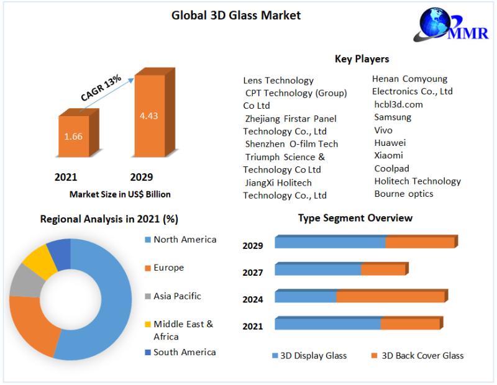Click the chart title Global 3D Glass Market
click(x=235, y=16)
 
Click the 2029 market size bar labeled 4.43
click(x=150, y=115)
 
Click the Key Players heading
click(x=362, y=59)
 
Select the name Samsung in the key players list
click(x=393, y=117)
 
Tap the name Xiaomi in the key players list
click(x=388, y=155)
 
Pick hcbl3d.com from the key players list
click(x=398, y=104)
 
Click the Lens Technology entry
click(x=278, y=80)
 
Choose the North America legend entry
click(x=185, y=240)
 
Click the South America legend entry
click(x=185, y=352)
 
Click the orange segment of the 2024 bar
click(x=390, y=297)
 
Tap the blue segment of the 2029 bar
click(x=329, y=242)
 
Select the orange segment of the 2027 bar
click(x=383, y=269)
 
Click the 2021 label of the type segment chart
click(x=252, y=326)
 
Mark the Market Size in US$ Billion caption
click(x=120, y=194)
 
